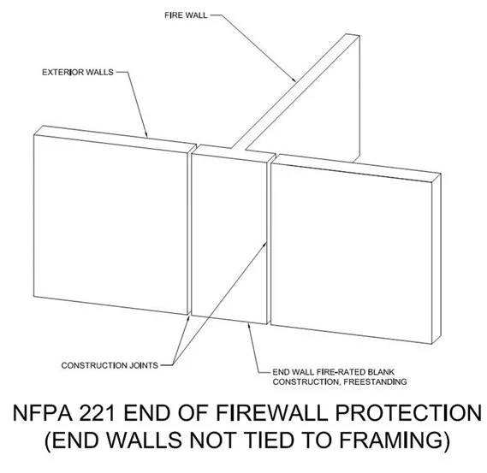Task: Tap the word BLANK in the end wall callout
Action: tap(384, 372)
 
